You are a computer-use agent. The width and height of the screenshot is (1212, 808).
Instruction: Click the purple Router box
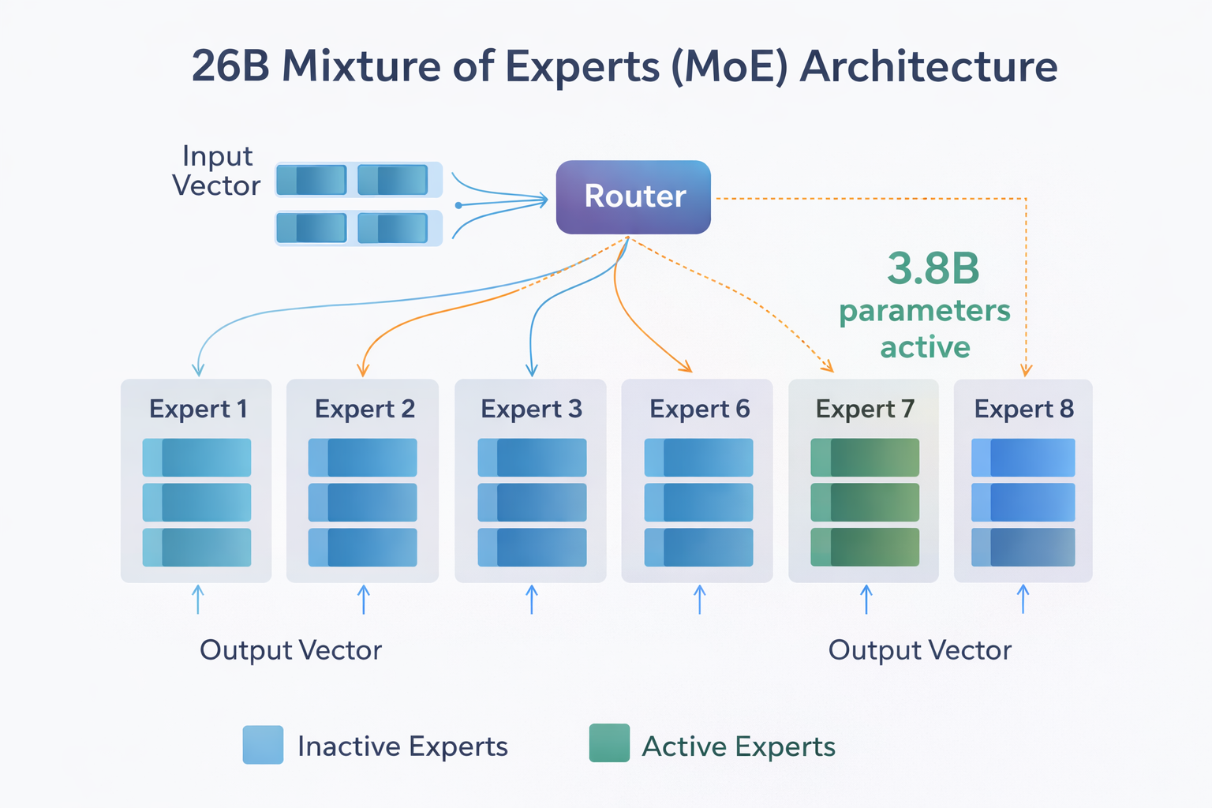click(634, 197)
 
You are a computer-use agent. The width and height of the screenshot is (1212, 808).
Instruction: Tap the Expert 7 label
click(865, 409)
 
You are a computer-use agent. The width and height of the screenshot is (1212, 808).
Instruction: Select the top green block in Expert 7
click(865, 458)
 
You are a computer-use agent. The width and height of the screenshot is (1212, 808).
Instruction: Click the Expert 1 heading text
click(198, 409)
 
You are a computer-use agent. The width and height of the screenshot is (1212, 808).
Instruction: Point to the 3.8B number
click(933, 269)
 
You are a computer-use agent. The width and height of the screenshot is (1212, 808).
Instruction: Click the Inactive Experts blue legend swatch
click(263, 745)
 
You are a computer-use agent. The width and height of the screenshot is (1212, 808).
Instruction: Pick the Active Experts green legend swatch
click(609, 743)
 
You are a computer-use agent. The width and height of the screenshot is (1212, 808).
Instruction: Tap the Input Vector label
click(216, 170)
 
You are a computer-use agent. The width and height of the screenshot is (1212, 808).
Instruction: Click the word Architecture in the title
click(929, 66)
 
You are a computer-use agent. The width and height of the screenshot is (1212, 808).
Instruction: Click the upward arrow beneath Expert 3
click(532, 599)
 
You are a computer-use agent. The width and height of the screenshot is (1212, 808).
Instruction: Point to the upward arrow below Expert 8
click(1023, 599)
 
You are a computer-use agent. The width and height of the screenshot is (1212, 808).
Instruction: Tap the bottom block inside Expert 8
click(1023, 547)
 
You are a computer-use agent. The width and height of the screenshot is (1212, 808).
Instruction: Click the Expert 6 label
click(699, 409)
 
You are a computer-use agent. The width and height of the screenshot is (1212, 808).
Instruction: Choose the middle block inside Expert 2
click(362, 502)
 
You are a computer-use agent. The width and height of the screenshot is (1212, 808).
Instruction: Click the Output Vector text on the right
click(919, 650)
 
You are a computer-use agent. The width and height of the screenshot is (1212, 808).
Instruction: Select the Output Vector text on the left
click(290, 650)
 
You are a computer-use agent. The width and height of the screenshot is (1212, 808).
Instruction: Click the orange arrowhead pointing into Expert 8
click(1026, 370)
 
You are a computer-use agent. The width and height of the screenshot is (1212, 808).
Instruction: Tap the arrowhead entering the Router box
click(543, 200)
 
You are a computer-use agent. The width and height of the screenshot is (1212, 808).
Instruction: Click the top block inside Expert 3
click(532, 458)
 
